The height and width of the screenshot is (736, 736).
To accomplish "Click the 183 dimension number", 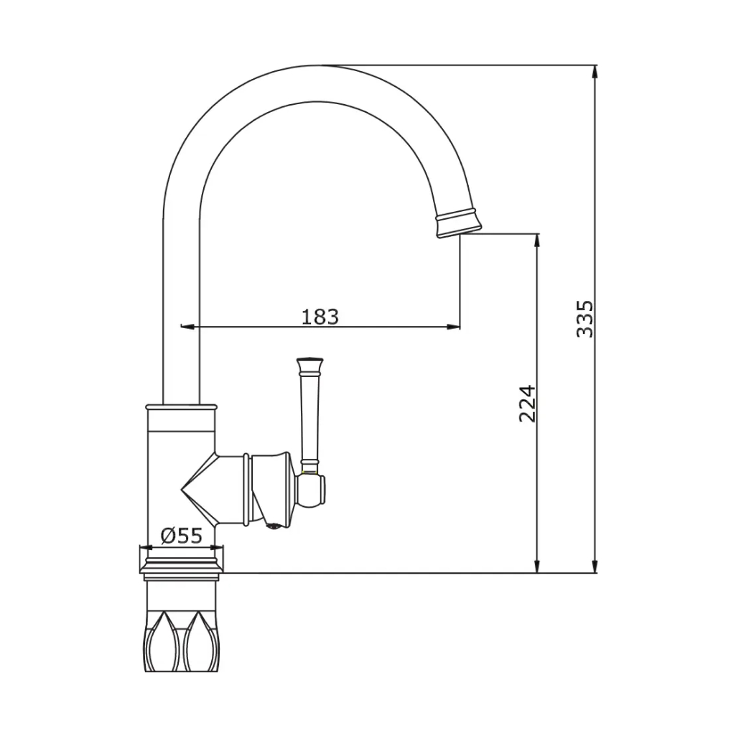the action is click(x=320, y=317).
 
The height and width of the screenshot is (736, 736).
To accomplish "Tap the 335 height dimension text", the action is click(x=585, y=319).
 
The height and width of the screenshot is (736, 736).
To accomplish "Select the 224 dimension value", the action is click(x=527, y=404).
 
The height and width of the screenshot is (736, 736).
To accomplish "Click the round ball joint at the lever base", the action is click(x=311, y=490).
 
